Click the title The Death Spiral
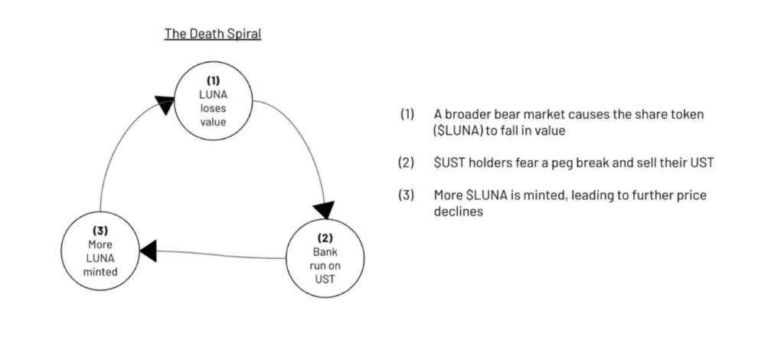point(213,34)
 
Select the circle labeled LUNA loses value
point(214,100)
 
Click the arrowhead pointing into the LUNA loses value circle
point(164,103)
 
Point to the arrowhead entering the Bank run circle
point(325,208)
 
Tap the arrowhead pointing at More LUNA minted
point(148,250)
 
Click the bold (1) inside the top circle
point(214,80)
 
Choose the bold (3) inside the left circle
point(100,231)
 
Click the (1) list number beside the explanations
point(407,114)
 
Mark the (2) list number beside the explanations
point(407,163)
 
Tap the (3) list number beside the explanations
point(407,195)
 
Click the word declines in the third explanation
point(457,211)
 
